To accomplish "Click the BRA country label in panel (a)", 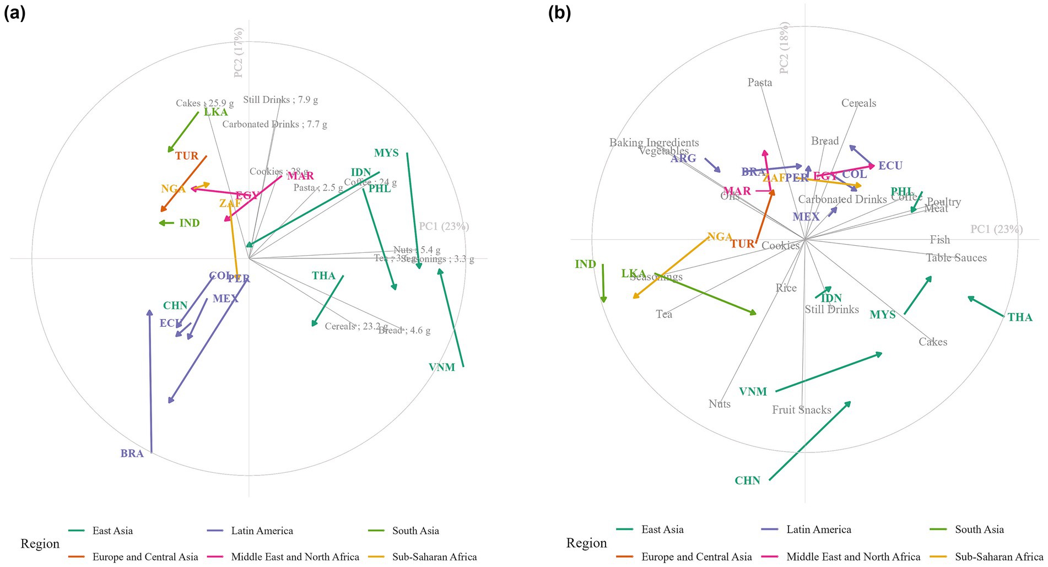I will coord(132,453).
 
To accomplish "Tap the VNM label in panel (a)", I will coord(441,367).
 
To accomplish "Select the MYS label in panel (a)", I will coord(386,153).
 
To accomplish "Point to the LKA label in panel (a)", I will coord(215,112).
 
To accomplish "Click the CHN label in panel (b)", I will coord(747,480).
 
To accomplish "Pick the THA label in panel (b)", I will coord(1020,317).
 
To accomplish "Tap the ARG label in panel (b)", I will coord(683,159).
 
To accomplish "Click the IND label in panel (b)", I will coord(585,264).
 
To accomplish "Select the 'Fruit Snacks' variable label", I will coord(801,410).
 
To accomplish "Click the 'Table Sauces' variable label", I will coord(956,258).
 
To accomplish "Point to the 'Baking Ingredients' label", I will coord(653,143).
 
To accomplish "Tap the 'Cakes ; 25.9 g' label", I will coord(204,103).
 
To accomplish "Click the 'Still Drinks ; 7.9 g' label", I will coord(280,100).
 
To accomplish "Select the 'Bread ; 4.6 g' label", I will coord(404,331).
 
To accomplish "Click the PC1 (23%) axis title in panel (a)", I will coord(444,226).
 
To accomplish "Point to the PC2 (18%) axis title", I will coord(785,48).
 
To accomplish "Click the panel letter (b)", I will coord(559,13).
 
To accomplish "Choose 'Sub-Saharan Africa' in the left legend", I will coord(434,557).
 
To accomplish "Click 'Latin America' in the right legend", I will coord(818,530).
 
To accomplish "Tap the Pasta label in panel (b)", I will coord(759,83).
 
